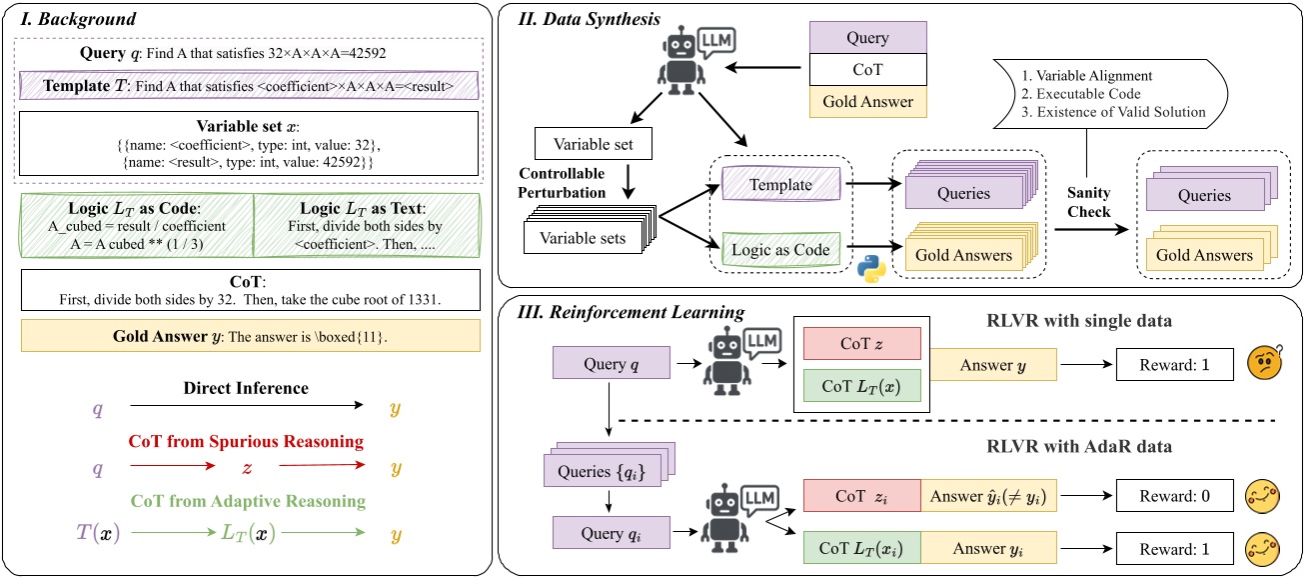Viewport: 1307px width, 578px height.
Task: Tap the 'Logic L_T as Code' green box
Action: (137, 226)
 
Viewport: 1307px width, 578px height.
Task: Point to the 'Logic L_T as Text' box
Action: (367, 226)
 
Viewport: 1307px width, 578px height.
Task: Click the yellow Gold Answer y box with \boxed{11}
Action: (250, 336)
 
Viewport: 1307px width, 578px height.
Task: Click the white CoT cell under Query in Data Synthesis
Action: (867, 70)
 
